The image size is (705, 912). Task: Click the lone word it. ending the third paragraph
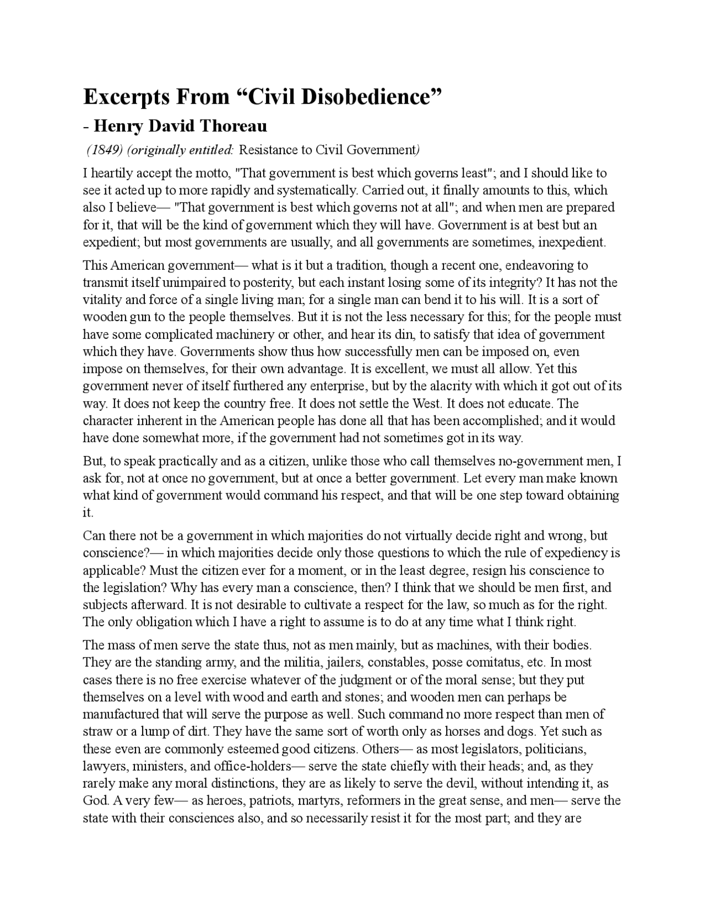pyautogui.click(x=88, y=512)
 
